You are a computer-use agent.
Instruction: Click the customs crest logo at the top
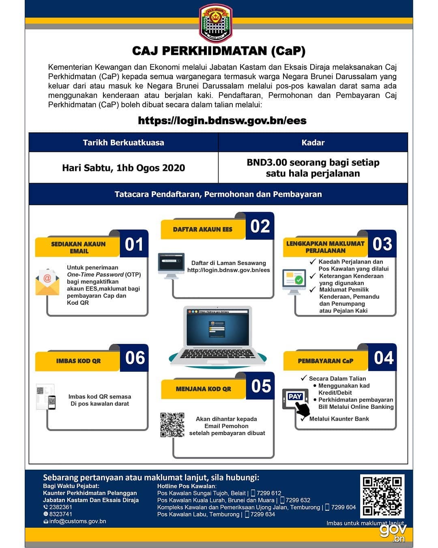click(215, 23)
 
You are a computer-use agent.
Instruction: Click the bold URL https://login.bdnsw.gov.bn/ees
click(222, 121)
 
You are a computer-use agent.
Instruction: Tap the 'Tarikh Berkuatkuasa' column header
click(123, 142)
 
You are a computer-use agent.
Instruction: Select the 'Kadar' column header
click(313, 142)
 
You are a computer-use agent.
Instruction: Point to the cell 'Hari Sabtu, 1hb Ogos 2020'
click(123, 168)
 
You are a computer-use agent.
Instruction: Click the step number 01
click(133, 244)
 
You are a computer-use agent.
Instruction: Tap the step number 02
click(260, 226)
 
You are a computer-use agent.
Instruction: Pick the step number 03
click(382, 244)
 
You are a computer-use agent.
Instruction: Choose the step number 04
click(384, 358)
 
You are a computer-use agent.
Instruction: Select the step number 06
click(135, 358)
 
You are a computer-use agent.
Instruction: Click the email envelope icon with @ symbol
click(47, 282)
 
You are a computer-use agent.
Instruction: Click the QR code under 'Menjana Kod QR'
click(172, 425)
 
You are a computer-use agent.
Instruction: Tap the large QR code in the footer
click(382, 496)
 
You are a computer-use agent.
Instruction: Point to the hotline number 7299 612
click(269, 493)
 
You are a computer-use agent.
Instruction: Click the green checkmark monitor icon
click(294, 282)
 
